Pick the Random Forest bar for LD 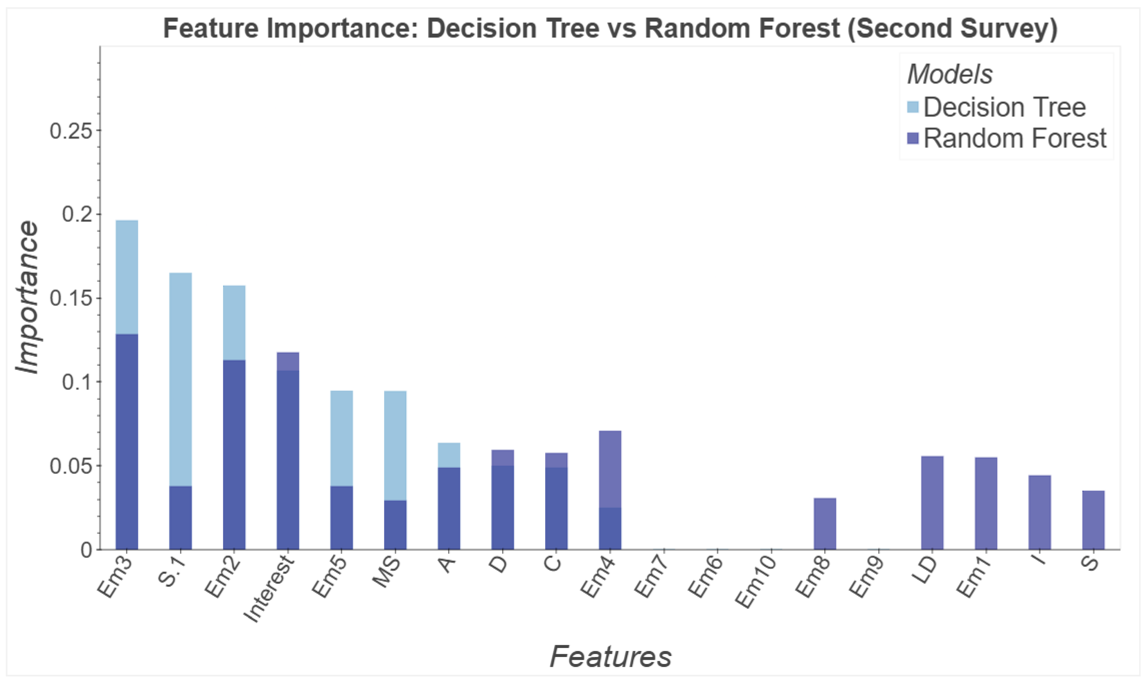point(932,503)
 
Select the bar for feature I point(1040,512)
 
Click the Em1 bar point(986,503)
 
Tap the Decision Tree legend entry point(996,107)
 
